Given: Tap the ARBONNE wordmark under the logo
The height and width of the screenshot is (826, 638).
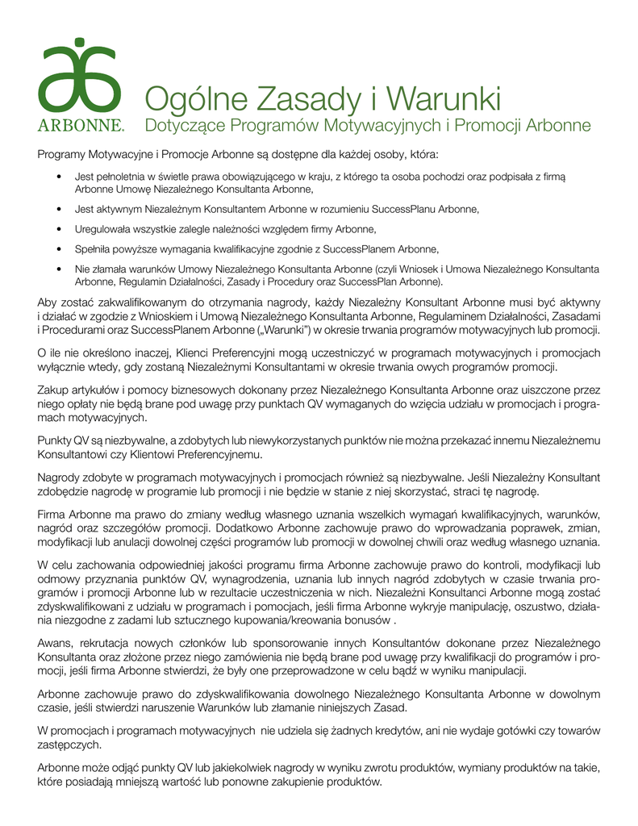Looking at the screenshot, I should tap(81, 126).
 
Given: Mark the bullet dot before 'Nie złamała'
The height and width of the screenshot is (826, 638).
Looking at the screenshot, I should tap(61, 269).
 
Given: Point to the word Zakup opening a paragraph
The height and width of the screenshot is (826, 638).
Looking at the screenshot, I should tap(52, 388).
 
